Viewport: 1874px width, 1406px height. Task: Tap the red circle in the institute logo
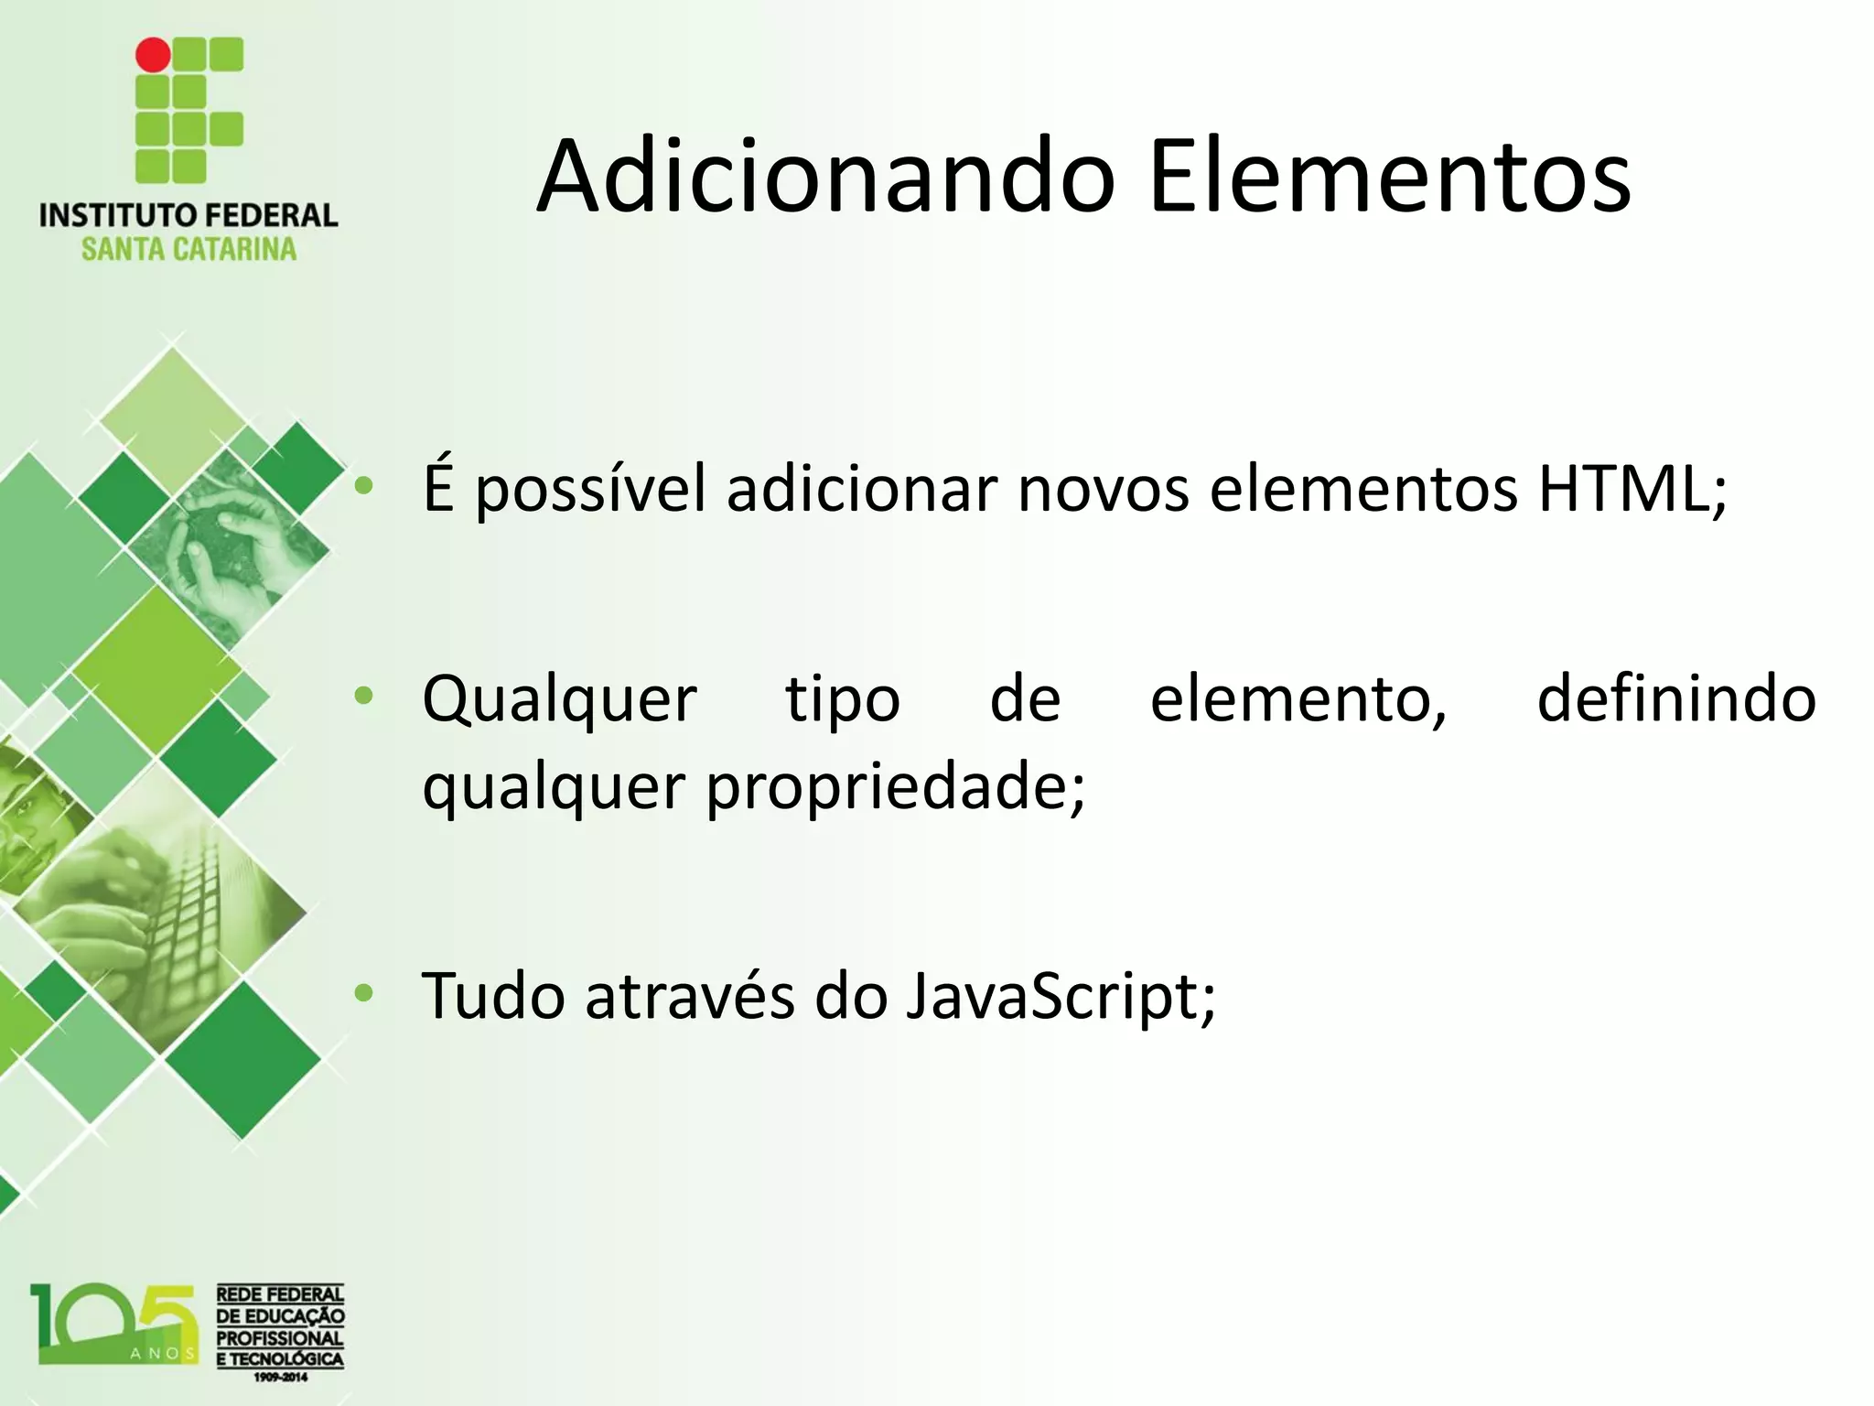coord(153,55)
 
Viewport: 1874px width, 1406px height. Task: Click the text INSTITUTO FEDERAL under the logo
coord(188,215)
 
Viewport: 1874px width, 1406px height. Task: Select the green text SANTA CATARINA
coord(188,249)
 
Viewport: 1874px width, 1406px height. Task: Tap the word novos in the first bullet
coord(1103,491)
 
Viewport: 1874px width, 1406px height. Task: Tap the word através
coord(690,996)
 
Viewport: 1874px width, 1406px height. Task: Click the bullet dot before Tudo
coord(364,993)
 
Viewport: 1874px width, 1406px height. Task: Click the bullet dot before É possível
coord(364,487)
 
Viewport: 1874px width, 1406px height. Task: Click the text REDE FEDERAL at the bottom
coord(280,1294)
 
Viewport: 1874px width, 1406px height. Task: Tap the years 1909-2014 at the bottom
coord(280,1377)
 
